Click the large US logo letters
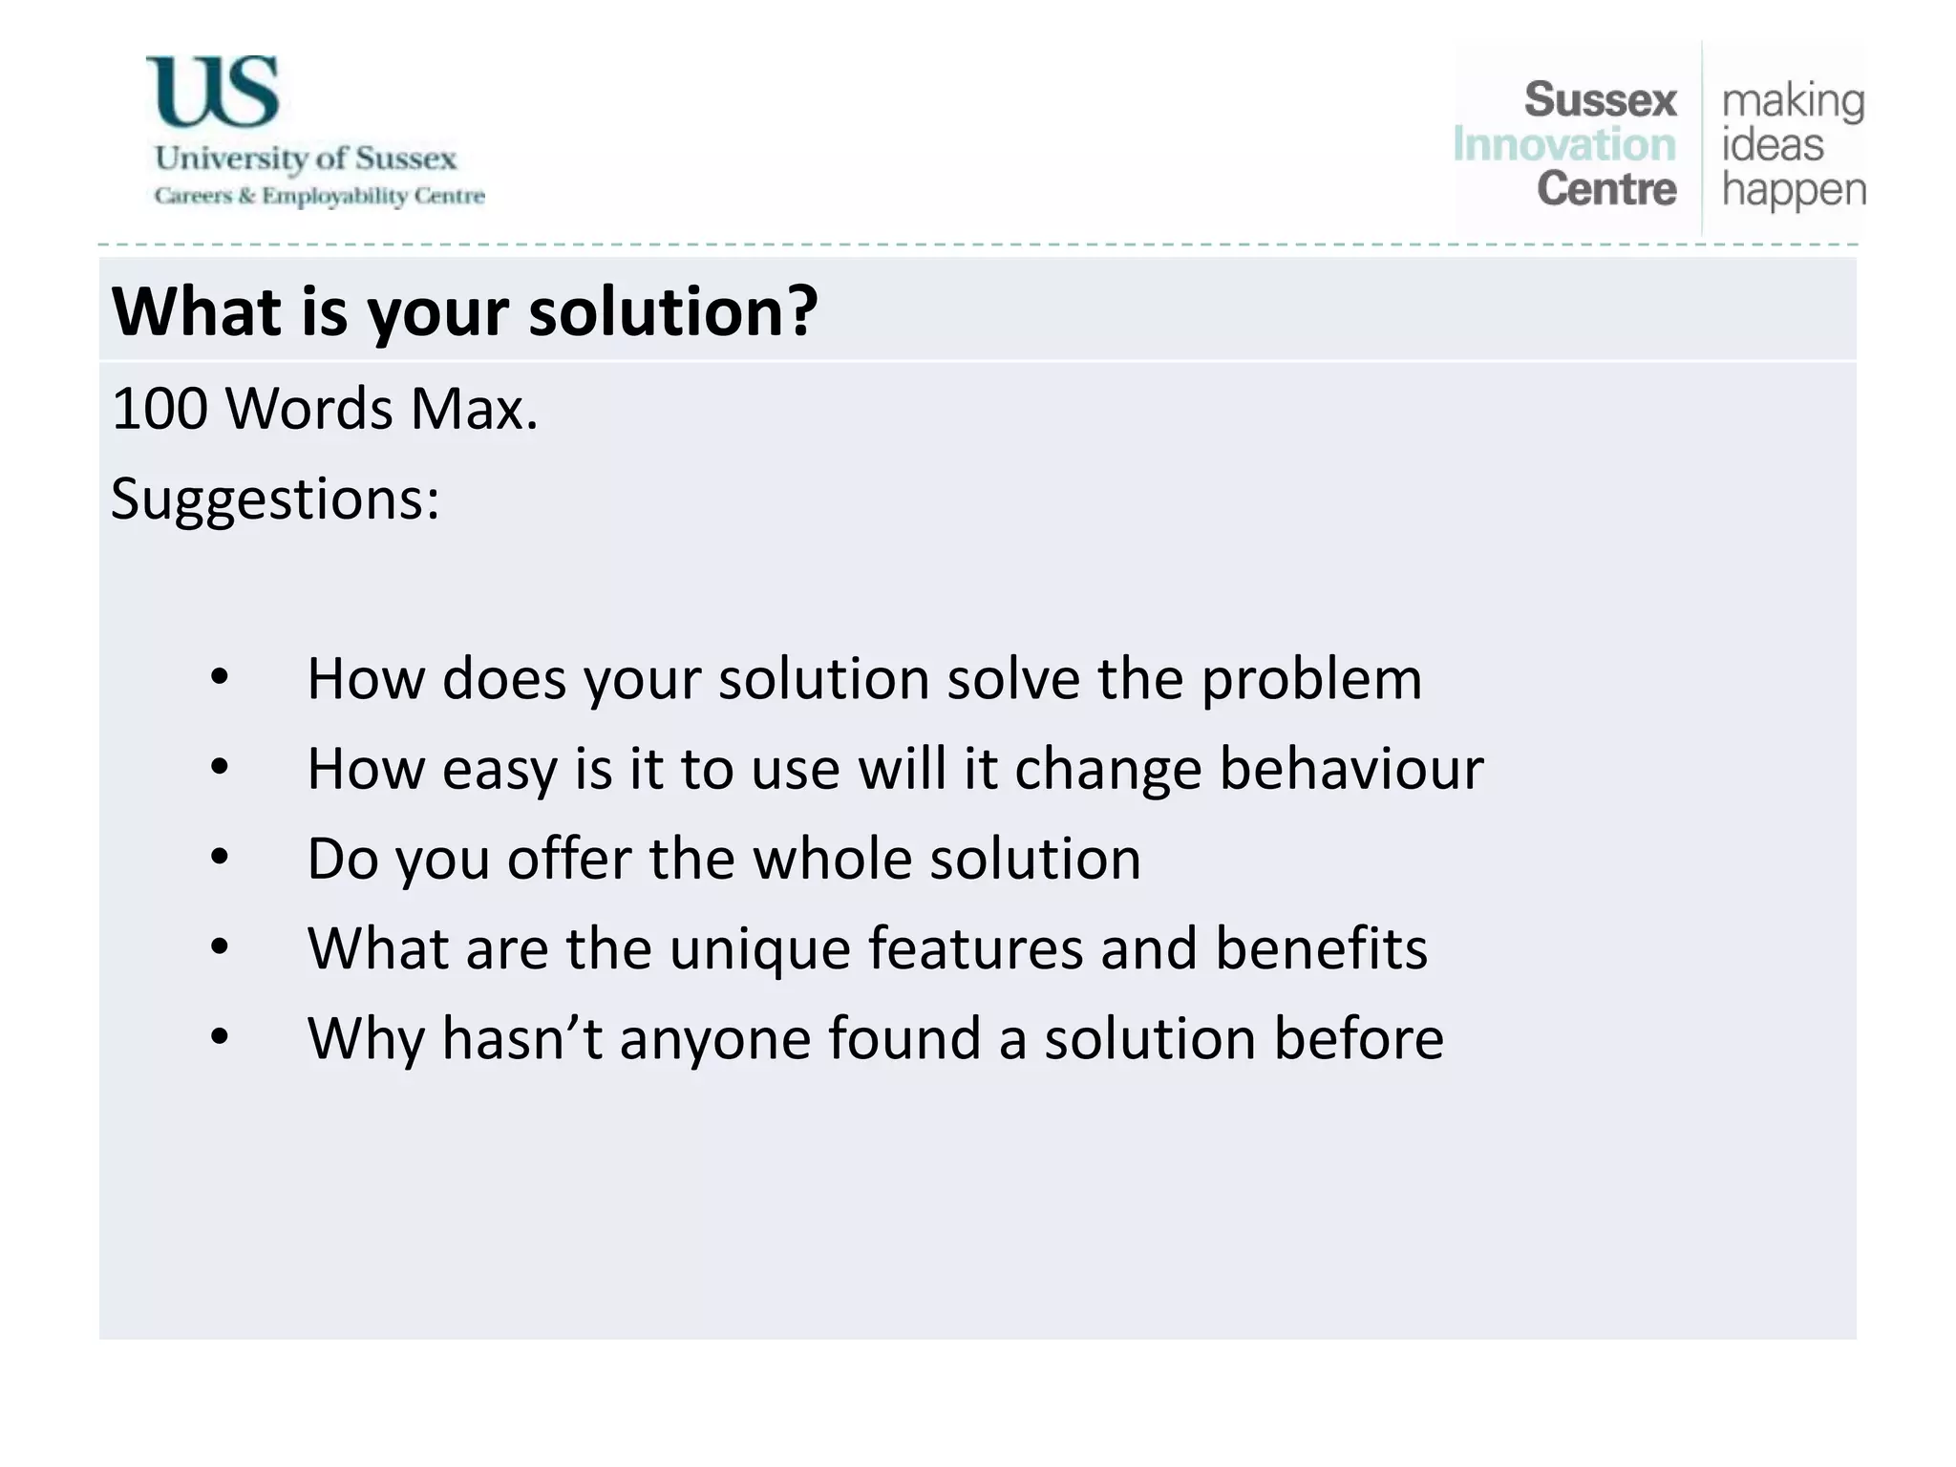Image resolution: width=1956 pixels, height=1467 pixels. pos(212,92)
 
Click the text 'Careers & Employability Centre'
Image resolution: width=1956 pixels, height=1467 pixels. pos(319,196)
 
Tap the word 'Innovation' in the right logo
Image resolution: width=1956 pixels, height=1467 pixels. pos(1563,145)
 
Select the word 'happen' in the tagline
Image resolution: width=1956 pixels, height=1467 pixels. pos(1793,191)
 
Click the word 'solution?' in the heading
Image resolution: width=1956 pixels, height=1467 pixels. pos(673,312)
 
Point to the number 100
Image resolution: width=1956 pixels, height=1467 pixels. pos(159,409)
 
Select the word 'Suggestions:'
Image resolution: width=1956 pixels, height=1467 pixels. pos(275,499)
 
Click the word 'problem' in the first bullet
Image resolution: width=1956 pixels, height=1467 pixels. pos(1311,680)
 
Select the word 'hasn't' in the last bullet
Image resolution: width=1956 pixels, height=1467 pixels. pos(521,1038)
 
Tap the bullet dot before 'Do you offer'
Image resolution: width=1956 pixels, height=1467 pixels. pos(220,858)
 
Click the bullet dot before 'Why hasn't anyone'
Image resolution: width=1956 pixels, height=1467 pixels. pos(220,1036)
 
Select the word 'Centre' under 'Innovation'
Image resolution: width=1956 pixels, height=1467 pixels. pos(1606,188)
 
